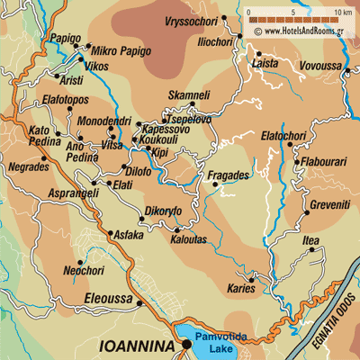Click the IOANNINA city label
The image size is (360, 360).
[135, 344]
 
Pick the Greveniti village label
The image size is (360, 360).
[306, 204]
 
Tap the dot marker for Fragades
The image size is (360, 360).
[214, 185]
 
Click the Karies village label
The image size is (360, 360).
[237, 288]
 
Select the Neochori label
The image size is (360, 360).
[84, 269]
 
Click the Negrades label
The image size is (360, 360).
[26, 167]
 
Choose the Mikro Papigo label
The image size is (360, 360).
[118, 50]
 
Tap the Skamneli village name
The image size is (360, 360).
[190, 94]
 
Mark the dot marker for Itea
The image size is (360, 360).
[311, 250]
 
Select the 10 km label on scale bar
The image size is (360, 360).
[342, 12]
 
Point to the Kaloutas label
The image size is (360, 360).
[189, 240]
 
